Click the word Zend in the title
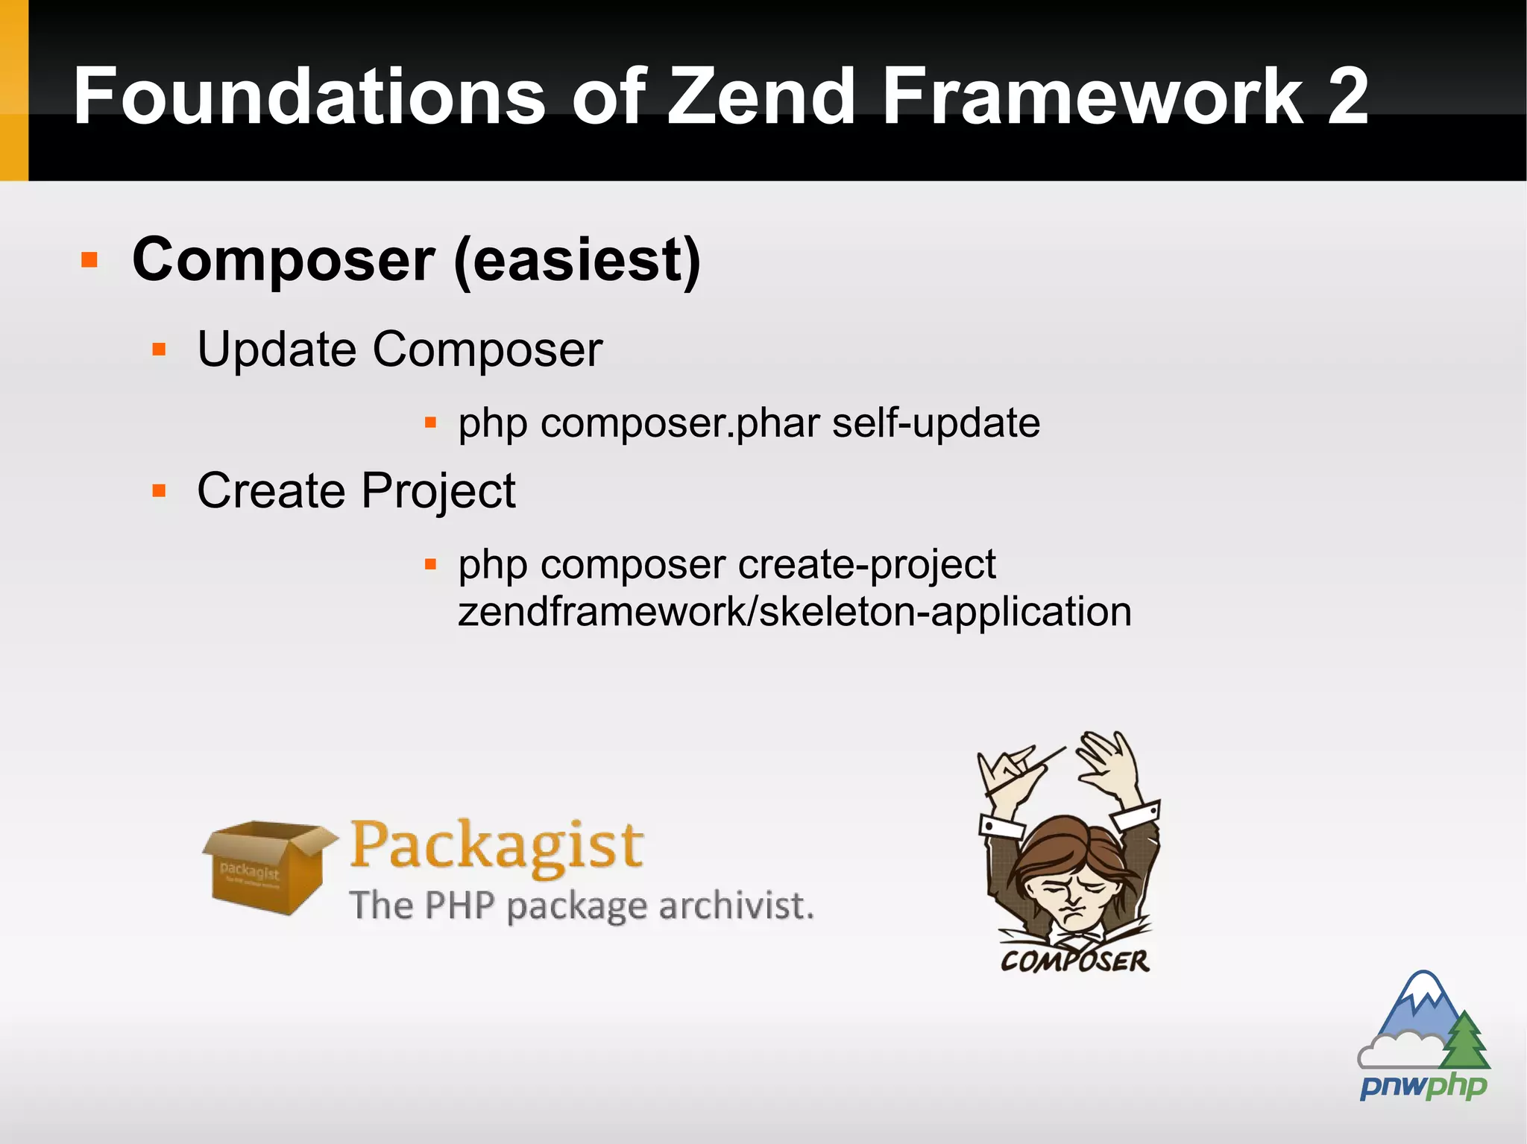[x=761, y=97]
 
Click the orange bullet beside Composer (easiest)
[x=89, y=260]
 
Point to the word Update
[x=277, y=350]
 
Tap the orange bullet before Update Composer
[x=159, y=350]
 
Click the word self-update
[x=936, y=423]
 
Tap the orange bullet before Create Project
[x=159, y=491]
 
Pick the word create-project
[x=866, y=565]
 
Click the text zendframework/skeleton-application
[x=794, y=613]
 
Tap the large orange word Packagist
[x=497, y=846]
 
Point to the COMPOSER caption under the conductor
[x=1074, y=961]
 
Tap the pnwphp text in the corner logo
[x=1423, y=1086]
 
